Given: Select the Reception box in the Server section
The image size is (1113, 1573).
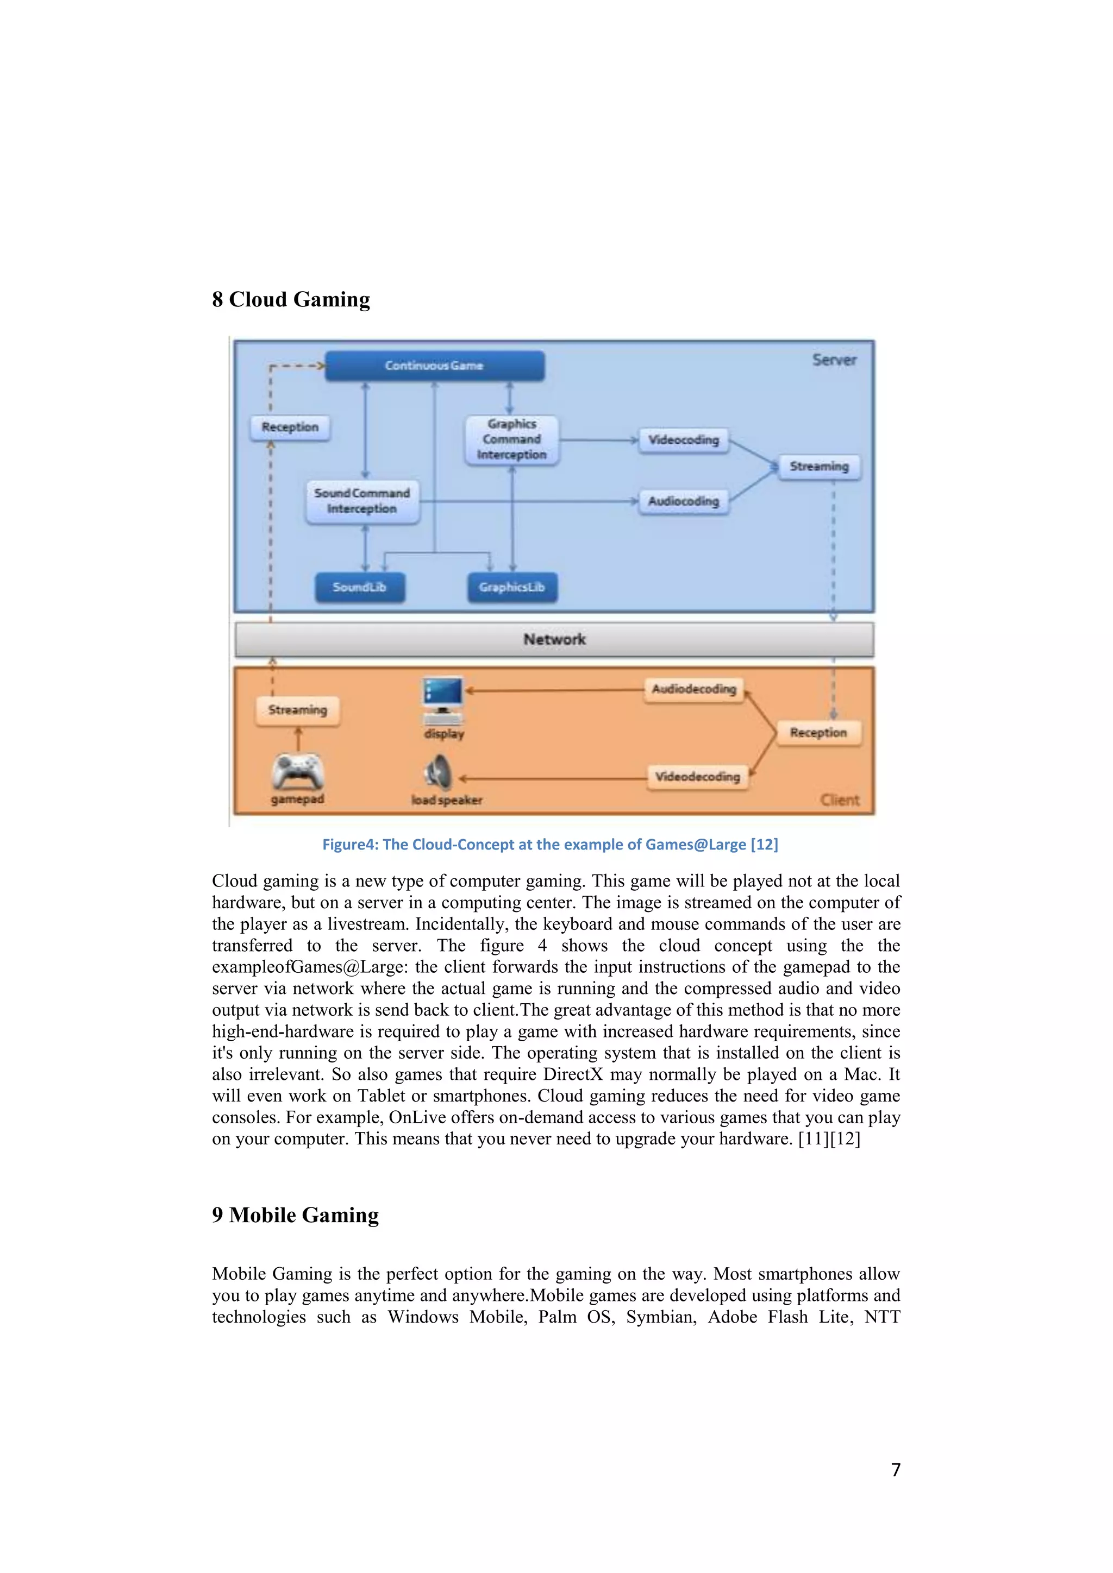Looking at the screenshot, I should tap(290, 427).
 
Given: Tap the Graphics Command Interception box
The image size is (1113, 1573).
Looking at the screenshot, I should tap(512, 440).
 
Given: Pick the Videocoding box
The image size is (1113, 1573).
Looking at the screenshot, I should tap(683, 440).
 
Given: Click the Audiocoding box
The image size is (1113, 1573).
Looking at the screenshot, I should tap(683, 501).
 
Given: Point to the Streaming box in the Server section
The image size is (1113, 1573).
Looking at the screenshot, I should tap(819, 467).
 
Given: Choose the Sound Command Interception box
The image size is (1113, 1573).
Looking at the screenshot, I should tap(362, 501).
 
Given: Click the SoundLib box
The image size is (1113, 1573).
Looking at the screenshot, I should tap(360, 588).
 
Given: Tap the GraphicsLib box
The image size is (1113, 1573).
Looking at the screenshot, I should tap(512, 588).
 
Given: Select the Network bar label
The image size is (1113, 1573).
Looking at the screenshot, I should tap(554, 639).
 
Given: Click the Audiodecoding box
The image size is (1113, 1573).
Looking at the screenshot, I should tap(693, 689).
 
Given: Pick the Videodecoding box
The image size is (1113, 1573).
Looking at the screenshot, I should tap(697, 777).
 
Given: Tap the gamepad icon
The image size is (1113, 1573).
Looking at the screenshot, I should tap(297, 772).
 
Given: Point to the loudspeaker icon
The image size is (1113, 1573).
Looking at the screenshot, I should tap(439, 773).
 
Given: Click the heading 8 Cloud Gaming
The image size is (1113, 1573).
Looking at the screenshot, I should tap(291, 299).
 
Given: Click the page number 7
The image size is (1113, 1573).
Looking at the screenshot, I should tap(895, 1470).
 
